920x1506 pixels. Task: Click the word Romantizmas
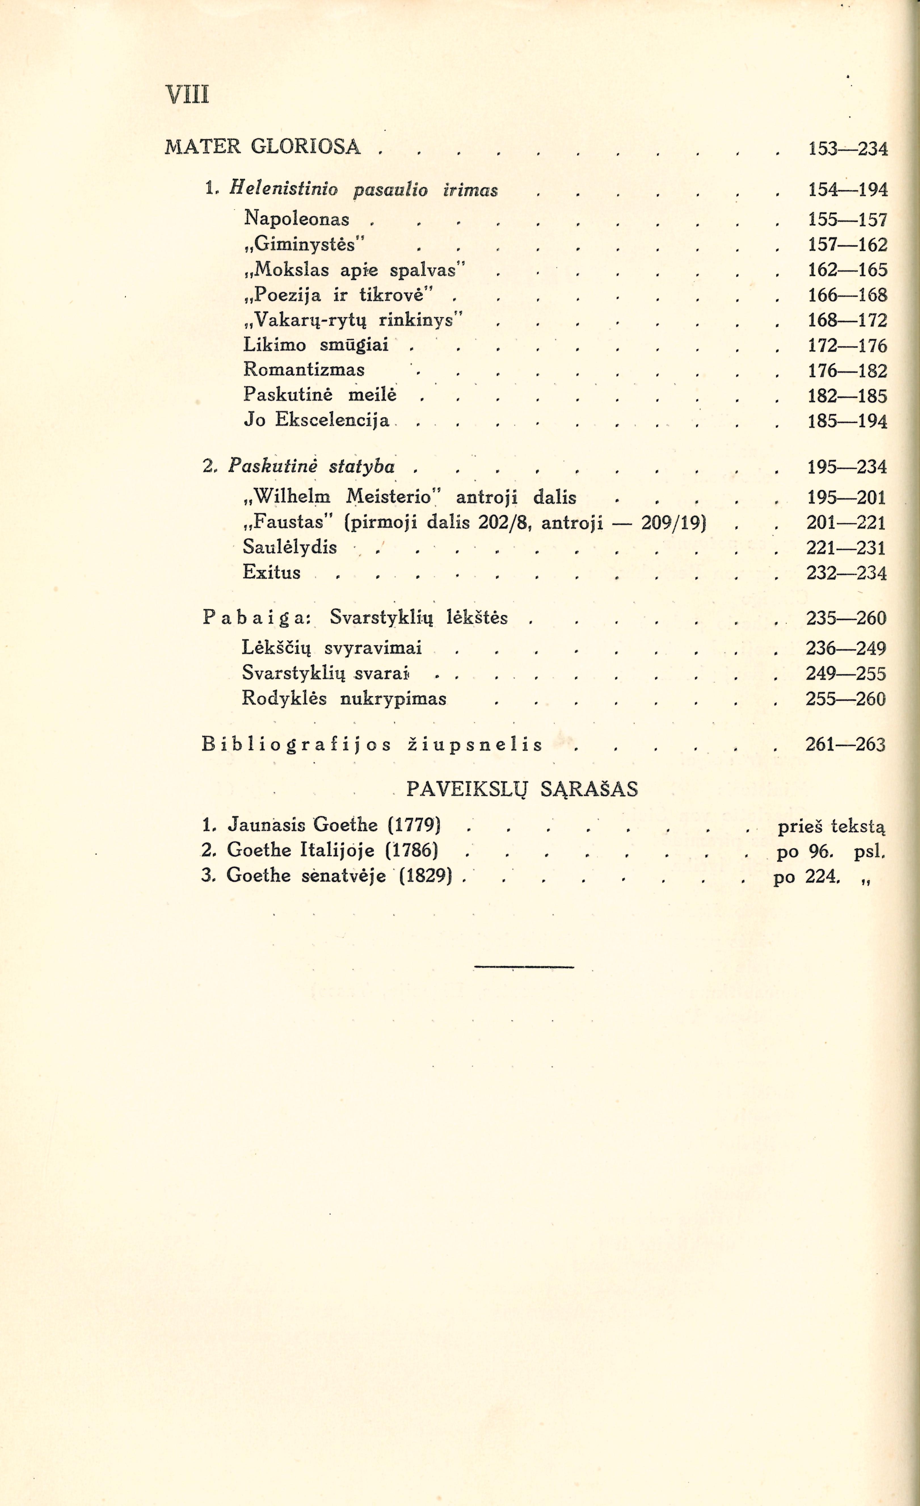point(304,370)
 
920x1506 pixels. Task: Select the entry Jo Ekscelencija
point(316,420)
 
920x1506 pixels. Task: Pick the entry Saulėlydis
point(290,546)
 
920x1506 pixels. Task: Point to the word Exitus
point(272,572)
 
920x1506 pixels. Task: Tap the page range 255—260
point(845,699)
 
